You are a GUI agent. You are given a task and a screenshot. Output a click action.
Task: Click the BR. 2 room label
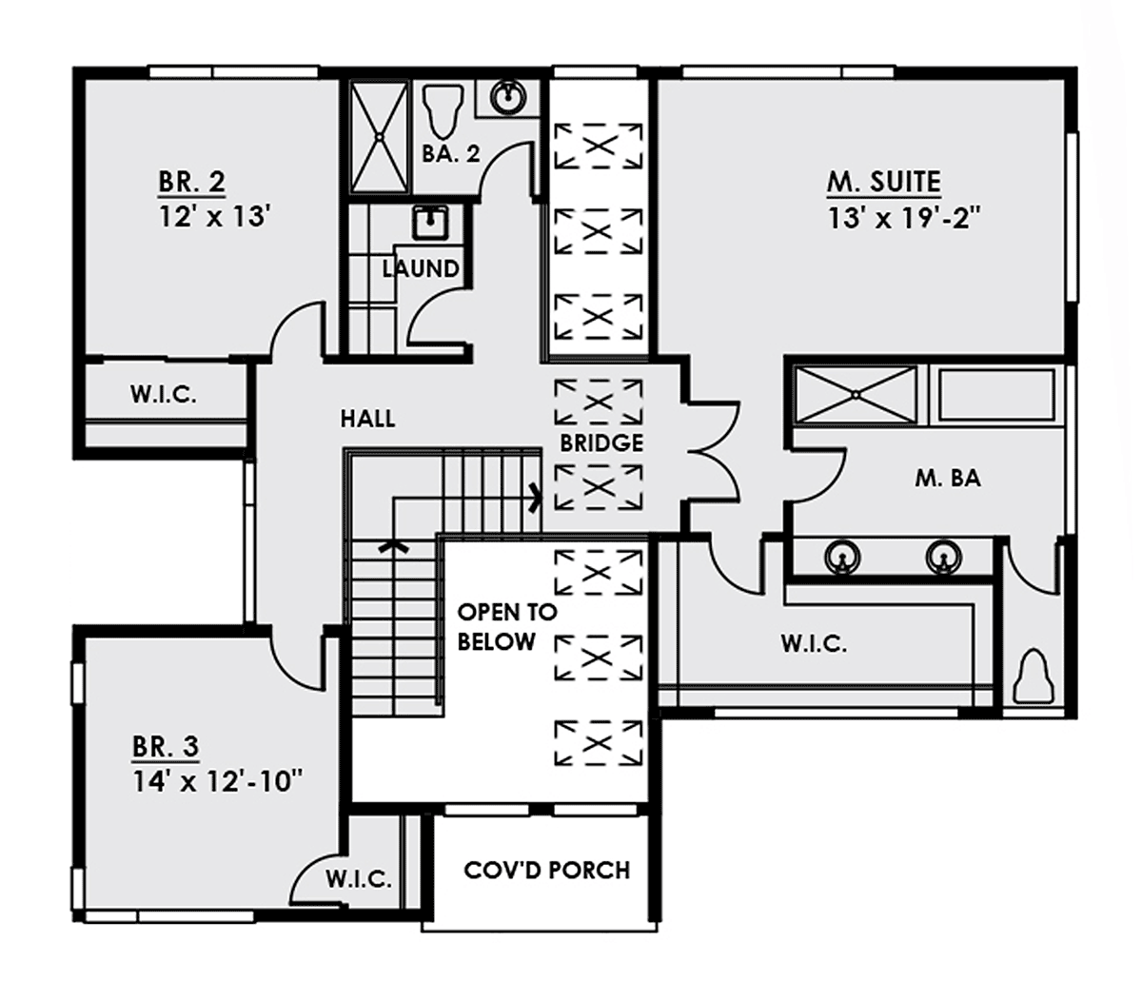coord(192,182)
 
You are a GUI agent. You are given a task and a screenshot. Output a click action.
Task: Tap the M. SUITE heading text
coord(883,182)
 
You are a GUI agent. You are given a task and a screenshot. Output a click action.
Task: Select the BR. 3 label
coord(166,746)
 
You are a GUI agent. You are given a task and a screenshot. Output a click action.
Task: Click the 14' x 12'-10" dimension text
coord(218,782)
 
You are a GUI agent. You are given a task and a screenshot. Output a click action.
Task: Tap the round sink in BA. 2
coord(507,98)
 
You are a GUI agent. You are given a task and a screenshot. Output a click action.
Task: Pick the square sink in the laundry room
coord(432,222)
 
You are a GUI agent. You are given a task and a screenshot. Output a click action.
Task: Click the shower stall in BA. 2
coord(380,136)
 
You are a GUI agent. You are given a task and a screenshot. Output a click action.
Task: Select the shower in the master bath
coord(855,395)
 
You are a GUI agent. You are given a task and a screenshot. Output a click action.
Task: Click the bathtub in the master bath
coord(996,395)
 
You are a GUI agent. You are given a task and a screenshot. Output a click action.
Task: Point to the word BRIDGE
coord(601,443)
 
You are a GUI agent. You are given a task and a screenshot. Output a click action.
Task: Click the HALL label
coord(367,419)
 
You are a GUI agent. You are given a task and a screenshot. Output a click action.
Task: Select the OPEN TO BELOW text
coord(506,626)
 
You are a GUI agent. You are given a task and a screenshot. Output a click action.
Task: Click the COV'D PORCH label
coord(547,871)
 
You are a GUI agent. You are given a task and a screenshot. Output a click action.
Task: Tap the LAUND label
coord(421,269)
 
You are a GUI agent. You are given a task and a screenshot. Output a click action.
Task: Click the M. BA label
coord(948,479)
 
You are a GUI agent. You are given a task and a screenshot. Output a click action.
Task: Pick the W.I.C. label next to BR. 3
coord(359,878)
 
